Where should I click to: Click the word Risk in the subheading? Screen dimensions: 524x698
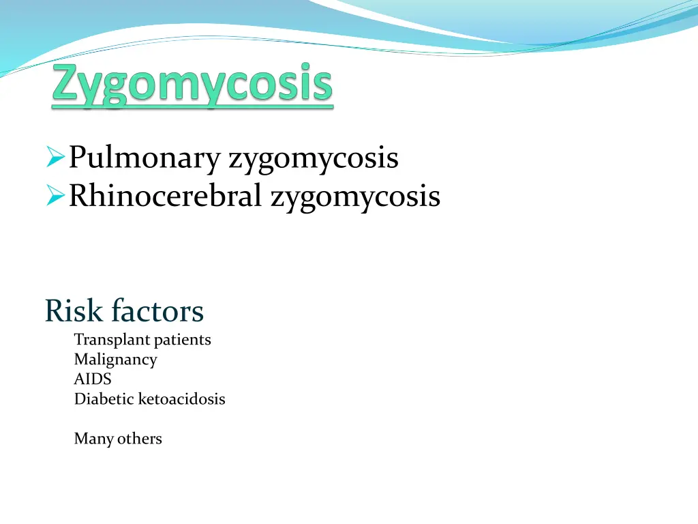(x=74, y=311)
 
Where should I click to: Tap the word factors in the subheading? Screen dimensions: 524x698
(x=157, y=311)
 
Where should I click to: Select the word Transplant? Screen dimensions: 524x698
(x=106, y=340)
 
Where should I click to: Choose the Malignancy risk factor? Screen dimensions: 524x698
(x=115, y=360)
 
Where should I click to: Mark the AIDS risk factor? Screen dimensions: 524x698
(x=92, y=379)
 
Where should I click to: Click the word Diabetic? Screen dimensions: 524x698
(x=104, y=399)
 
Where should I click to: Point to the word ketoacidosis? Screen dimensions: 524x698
(x=181, y=399)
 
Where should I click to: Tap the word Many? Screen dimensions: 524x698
(x=93, y=439)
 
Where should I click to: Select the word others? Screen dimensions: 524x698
(x=140, y=439)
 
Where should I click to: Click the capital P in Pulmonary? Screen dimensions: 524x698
(x=76, y=158)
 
